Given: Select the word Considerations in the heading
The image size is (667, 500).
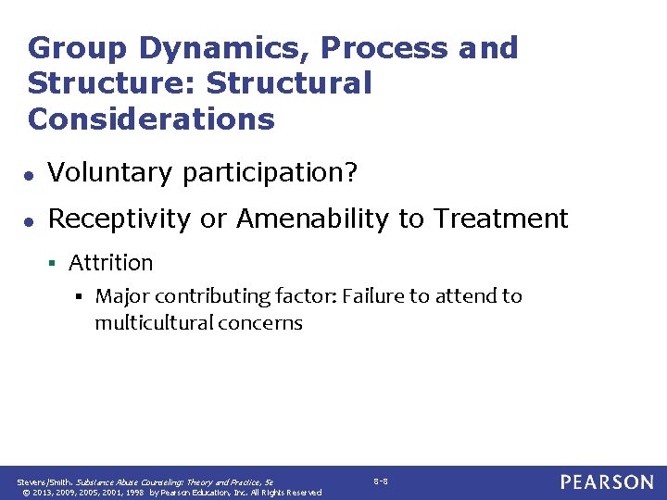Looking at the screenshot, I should pos(152,119).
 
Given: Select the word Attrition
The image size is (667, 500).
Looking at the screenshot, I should pos(110,263).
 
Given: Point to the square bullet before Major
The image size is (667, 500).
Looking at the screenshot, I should pos(82,297).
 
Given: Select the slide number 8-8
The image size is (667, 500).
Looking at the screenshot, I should pos(381,481).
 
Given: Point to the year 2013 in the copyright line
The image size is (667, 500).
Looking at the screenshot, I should pos(41,493).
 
